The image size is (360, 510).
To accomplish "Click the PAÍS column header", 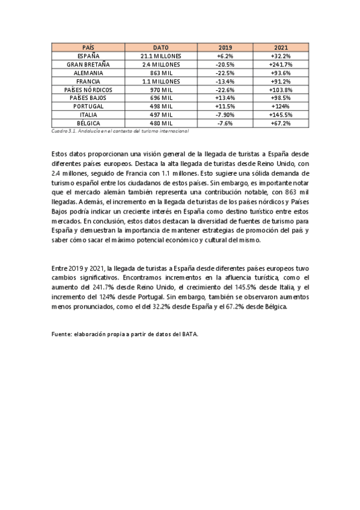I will pyautogui.click(x=88, y=47).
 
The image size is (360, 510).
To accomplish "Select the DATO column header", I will pyautogui.click(x=161, y=47).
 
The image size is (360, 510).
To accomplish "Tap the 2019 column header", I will pyautogui.click(x=225, y=47).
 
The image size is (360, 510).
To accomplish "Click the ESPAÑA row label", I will pyautogui.click(x=88, y=55).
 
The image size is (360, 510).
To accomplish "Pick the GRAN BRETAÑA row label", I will pyautogui.click(x=88, y=64).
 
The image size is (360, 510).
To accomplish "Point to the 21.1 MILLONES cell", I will pyautogui.click(x=161, y=55).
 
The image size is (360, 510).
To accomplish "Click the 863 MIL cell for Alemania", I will pyautogui.click(x=161, y=72).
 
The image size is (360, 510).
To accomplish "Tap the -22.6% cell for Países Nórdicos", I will pyautogui.click(x=225, y=89).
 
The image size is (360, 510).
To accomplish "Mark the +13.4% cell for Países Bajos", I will pyautogui.click(x=225, y=97).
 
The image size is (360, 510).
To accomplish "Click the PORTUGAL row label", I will pyautogui.click(x=88, y=106).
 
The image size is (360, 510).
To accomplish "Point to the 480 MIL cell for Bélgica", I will pyautogui.click(x=161, y=123).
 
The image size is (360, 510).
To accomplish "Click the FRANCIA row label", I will pyautogui.click(x=88, y=81).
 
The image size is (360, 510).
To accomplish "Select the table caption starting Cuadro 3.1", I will pyautogui.click(x=120, y=131).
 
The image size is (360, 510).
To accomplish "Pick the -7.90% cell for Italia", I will pyautogui.click(x=225, y=114).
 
